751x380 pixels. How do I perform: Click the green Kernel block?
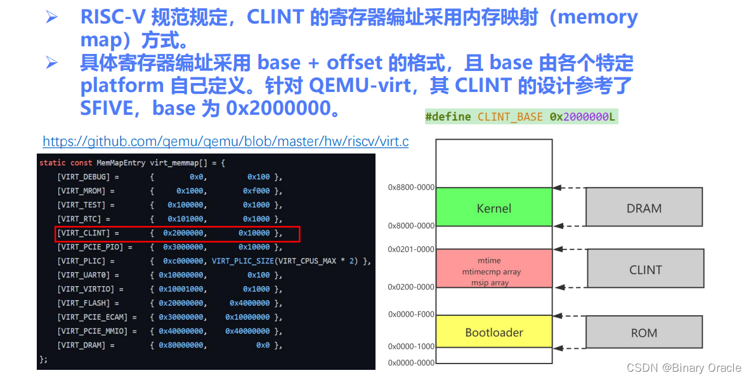(x=493, y=208)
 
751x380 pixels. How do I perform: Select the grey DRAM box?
(x=644, y=208)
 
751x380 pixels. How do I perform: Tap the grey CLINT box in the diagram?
(x=645, y=270)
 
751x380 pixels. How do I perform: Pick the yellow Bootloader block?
(x=493, y=332)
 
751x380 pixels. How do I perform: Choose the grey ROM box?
(x=644, y=332)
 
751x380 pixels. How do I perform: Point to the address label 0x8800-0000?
(x=411, y=187)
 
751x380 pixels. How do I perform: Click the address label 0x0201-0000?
(x=411, y=249)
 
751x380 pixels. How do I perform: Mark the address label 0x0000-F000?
(x=411, y=315)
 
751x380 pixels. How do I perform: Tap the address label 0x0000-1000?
(x=411, y=346)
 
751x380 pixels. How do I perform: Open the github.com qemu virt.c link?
(x=225, y=141)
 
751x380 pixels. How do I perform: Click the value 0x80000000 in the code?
(x=182, y=345)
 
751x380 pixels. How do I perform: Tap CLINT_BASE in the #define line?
(x=510, y=117)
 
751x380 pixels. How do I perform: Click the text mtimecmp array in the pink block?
(x=492, y=272)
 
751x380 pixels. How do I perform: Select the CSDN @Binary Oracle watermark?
(x=684, y=368)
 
